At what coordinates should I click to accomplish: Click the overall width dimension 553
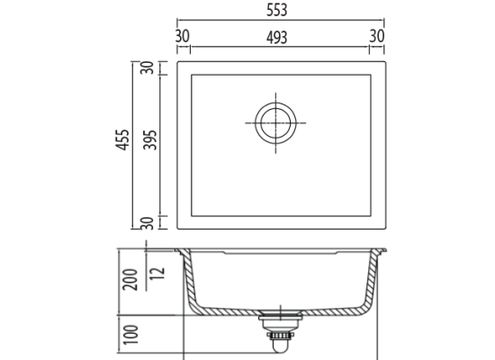pos(277,10)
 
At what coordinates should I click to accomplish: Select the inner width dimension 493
pos(277,38)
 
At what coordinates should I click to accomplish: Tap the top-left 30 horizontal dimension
pos(183,36)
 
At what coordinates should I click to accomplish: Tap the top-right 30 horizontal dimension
pos(377,36)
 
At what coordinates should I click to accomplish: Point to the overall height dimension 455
pos(122,139)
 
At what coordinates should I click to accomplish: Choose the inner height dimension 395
pos(150,139)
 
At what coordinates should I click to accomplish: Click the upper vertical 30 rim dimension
pos(147,67)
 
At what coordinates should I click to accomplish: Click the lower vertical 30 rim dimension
pos(147,223)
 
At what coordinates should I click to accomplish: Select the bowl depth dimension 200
pos(130,280)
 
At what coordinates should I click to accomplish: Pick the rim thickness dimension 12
pos(157,273)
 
